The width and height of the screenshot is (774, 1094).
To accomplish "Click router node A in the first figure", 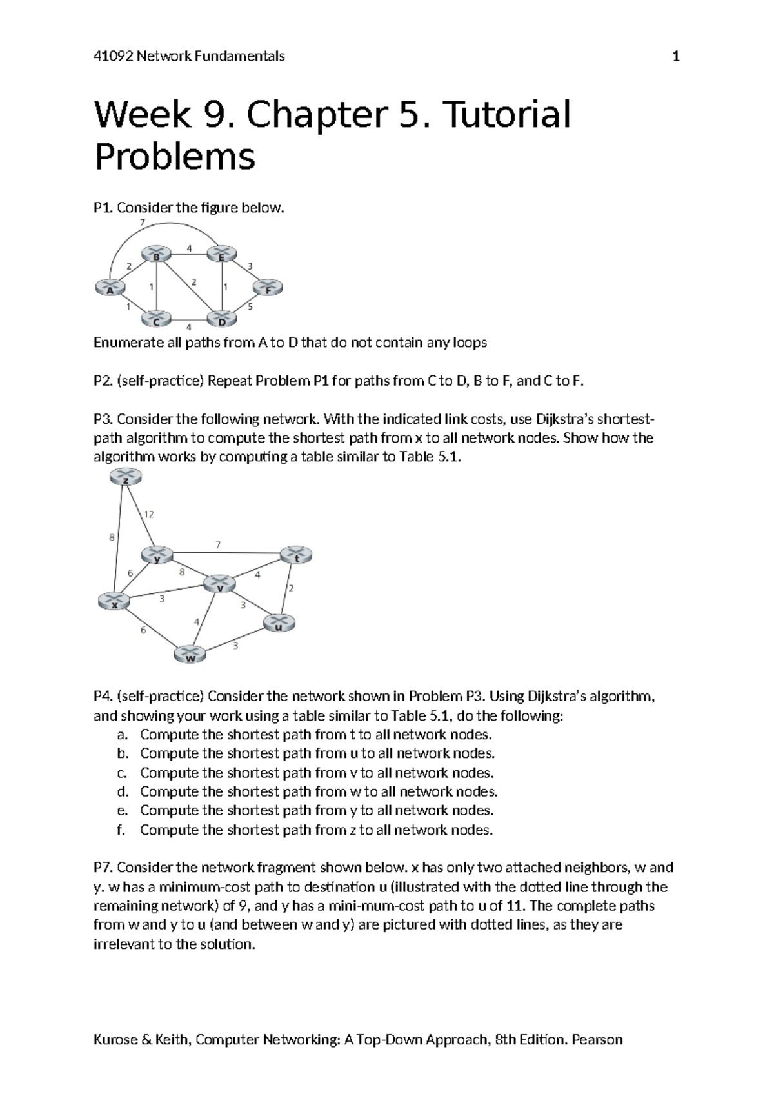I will (110, 286).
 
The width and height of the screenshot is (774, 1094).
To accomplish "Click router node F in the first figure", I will (268, 287).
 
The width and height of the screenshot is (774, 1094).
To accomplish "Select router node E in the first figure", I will (222, 254).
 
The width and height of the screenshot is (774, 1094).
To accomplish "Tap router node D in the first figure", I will (223, 319).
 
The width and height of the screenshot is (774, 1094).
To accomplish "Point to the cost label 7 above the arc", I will (143, 223).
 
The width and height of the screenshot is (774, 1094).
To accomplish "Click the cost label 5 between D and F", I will (250, 306).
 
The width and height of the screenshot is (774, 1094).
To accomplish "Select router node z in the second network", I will (125, 477).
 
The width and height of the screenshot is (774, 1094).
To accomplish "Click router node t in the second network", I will (296, 555).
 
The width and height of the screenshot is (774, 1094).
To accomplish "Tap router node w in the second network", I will (190, 655).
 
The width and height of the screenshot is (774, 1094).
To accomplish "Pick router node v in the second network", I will (219, 584).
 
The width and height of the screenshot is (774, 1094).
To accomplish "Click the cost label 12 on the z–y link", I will (149, 514).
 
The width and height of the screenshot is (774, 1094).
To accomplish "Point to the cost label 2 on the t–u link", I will (291, 588).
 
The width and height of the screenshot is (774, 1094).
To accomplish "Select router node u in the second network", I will (279, 623).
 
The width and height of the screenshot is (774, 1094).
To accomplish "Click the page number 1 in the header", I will (676, 56).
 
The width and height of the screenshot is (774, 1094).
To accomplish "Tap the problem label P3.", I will (103, 419).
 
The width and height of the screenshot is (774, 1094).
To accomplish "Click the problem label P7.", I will (103, 868).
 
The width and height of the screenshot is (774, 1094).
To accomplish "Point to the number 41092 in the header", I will (113, 56).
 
